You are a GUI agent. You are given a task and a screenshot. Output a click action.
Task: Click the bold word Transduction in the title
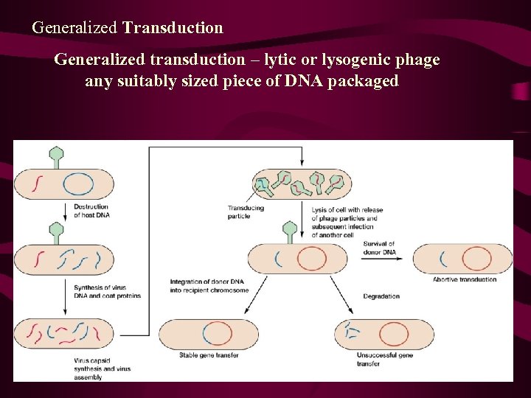173,28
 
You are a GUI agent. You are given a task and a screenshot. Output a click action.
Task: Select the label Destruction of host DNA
91,211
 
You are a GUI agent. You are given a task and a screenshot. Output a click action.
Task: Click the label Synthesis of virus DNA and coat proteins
106,291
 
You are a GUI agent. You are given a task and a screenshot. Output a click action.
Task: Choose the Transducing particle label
245,212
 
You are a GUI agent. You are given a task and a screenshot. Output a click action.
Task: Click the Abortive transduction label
465,279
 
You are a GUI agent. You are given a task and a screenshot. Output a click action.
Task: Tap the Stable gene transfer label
209,355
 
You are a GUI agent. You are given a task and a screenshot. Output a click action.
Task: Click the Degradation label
381,296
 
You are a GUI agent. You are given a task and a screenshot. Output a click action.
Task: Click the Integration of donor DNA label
209,285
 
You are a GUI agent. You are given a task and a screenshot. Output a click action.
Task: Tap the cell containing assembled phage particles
302,184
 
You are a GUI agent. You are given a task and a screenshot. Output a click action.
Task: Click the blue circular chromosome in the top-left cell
77,184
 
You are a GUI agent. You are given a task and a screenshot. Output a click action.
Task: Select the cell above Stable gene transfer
209,334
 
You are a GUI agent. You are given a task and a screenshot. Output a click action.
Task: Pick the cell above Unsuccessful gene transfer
383,334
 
